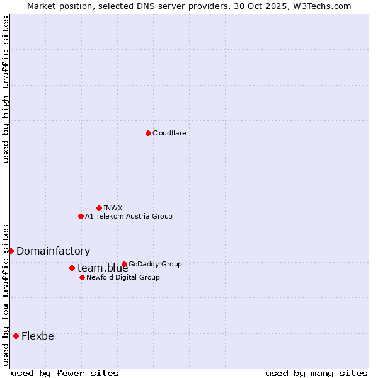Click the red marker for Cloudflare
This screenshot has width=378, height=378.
coord(148,133)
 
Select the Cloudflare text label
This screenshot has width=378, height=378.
coord(169,133)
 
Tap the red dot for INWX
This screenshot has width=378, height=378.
coord(99,208)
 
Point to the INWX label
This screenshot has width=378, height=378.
coord(113,208)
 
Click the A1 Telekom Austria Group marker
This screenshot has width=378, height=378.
coord(81,216)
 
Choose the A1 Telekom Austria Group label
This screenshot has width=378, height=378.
coord(129,216)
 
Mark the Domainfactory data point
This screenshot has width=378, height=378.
coord(11,251)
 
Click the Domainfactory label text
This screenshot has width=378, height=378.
coord(53,251)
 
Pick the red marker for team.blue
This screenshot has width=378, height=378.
coord(72,268)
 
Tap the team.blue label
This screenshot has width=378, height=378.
coord(103,268)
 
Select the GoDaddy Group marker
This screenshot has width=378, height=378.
coord(124,264)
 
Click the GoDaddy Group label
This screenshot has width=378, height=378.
coord(155,264)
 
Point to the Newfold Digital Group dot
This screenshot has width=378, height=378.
coord(82,277)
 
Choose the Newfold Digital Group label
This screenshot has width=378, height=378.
coord(123,277)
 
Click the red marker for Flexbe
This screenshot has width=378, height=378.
coord(16,336)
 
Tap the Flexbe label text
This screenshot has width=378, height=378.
coord(37,336)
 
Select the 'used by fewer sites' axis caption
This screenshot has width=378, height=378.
coord(65,373)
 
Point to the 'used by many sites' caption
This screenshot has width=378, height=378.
coord(316,373)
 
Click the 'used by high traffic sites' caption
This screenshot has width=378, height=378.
coord(6,89)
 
